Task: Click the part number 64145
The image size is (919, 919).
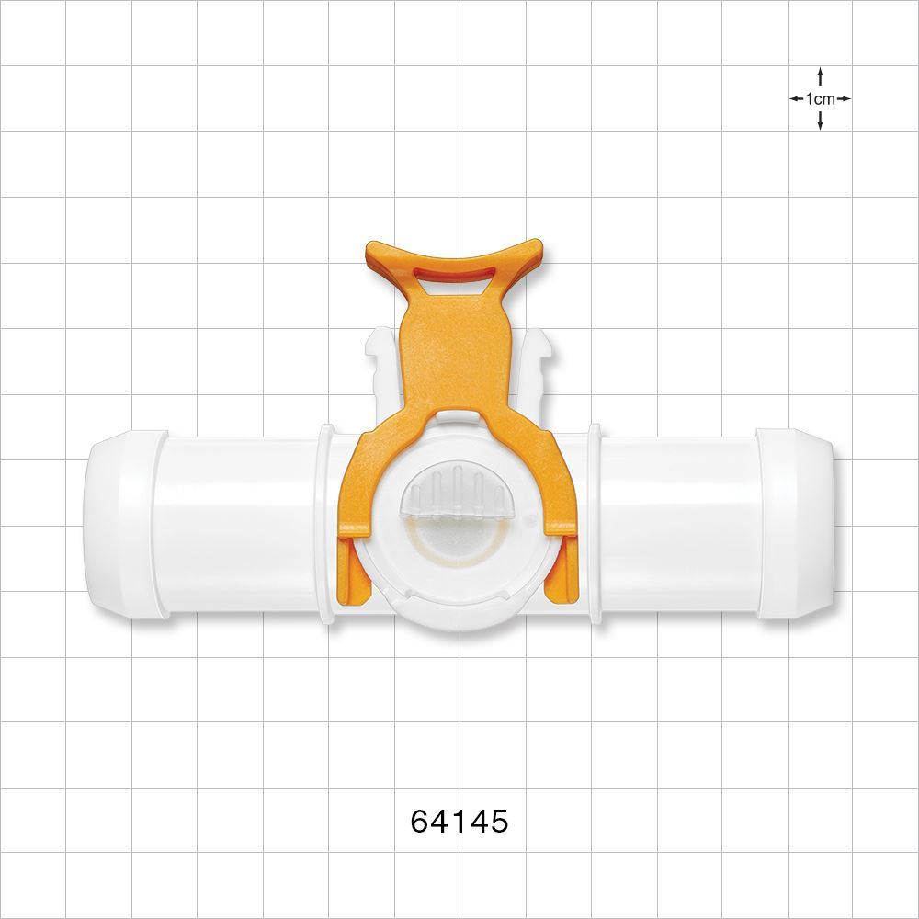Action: tap(459, 821)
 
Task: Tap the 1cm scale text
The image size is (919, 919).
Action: tap(820, 98)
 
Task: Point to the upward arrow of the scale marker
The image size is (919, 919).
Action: tap(820, 76)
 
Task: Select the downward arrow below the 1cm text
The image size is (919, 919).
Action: tap(820, 121)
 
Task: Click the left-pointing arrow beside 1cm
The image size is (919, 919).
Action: tap(796, 98)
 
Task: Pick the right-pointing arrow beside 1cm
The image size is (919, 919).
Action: tap(844, 98)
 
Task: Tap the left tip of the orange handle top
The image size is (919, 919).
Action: tap(370, 248)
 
